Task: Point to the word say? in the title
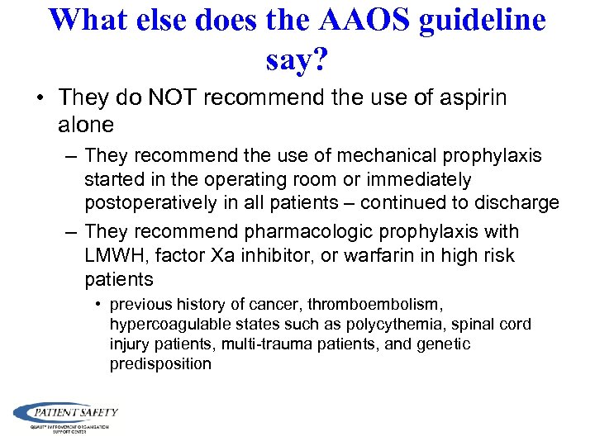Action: click(x=297, y=58)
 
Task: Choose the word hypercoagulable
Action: click(x=164, y=324)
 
